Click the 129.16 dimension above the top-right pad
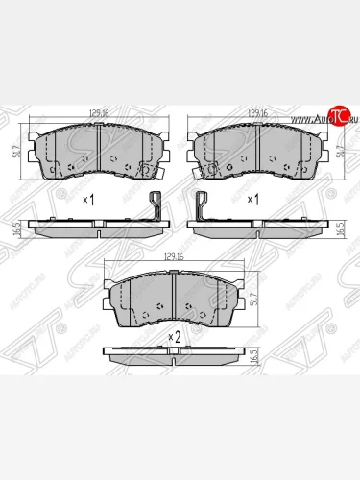tap(256, 113)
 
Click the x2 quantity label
tap(174, 336)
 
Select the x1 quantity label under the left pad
tap(88, 199)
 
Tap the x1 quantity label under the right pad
tap(253, 199)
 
